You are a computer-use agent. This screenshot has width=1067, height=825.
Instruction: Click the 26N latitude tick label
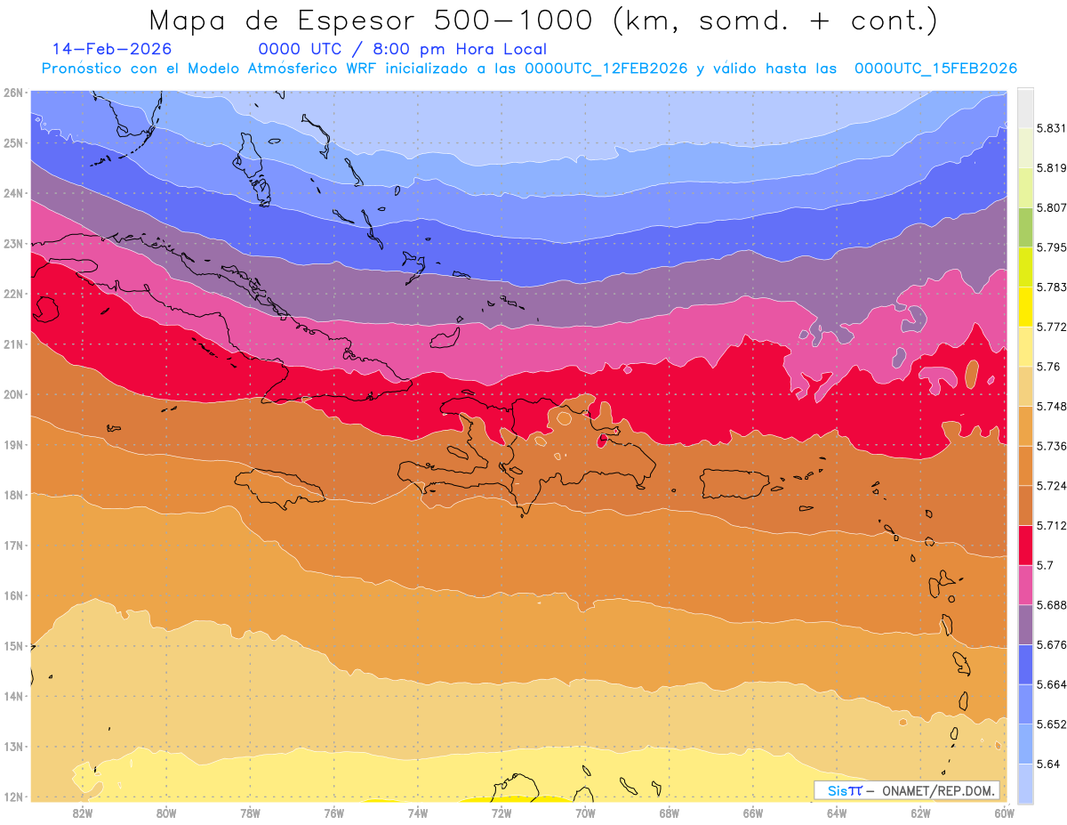point(13,93)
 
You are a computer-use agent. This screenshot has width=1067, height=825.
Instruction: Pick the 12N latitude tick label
point(13,797)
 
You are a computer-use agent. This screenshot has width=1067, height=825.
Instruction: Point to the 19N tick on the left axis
point(13,444)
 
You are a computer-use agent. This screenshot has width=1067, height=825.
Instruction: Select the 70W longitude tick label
point(585,812)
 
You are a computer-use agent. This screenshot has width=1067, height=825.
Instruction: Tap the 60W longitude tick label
point(1005,812)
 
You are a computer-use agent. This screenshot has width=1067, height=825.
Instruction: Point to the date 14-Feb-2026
point(112,49)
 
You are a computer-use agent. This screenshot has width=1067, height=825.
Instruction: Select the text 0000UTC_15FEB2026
point(935,69)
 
